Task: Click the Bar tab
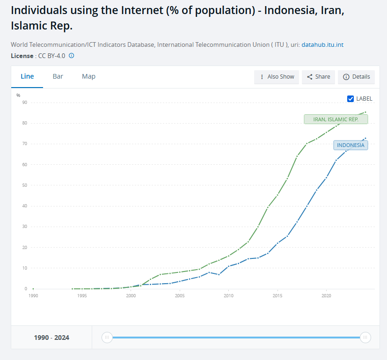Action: point(58,77)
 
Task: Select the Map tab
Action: point(88,77)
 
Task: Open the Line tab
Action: point(27,77)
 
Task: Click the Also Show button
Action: point(277,77)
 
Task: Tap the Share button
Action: point(318,77)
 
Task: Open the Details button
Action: point(356,77)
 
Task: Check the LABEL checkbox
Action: point(350,99)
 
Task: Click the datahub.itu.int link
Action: point(322,44)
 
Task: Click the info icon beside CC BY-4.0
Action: point(71,56)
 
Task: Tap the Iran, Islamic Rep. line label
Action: point(336,119)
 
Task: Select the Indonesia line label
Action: point(350,145)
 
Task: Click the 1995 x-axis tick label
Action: point(82,295)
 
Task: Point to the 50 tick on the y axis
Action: point(25,185)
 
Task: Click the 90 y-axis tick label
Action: point(25,103)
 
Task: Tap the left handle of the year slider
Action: point(107,338)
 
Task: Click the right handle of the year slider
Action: point(365,338)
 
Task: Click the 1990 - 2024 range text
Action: point(51,338)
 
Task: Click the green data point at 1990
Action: point(33,289)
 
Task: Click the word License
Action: point(22,56)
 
